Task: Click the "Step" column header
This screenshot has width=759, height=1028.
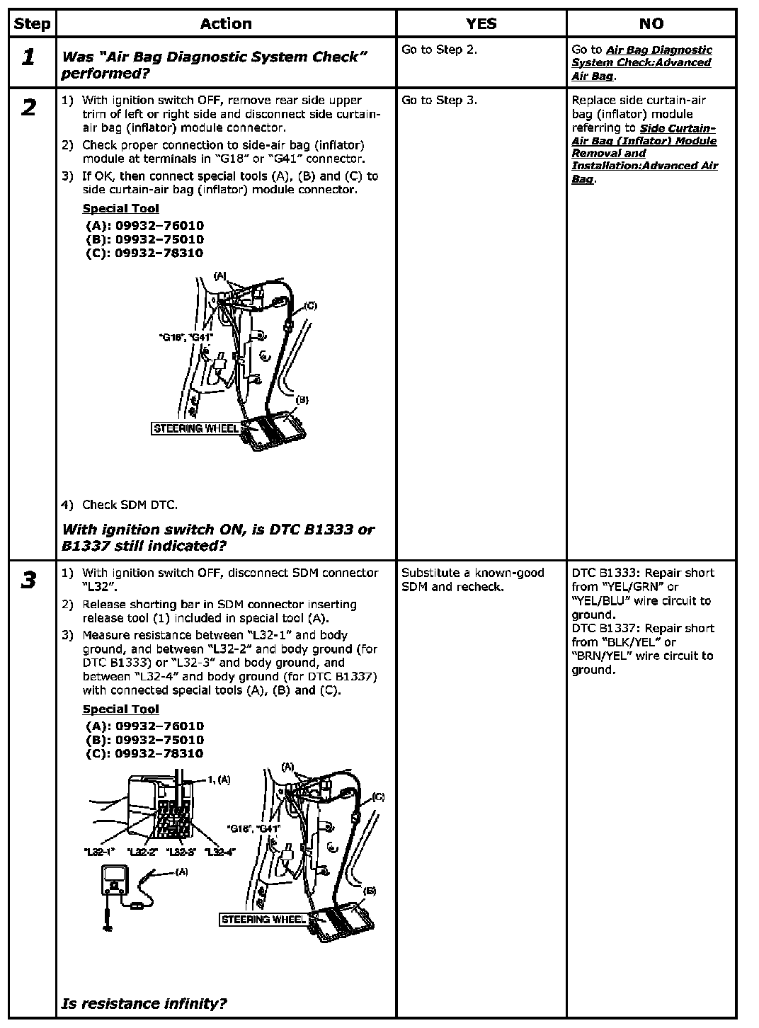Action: pyautogui.click(x=32, y=24)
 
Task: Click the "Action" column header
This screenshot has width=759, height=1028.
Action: pyautogui.click(x=226, y=24)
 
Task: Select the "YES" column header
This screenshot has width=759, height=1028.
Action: pyautogui.click(x=481, y=24)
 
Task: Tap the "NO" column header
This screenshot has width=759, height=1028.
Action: pyautogui.click(x=651, y=24)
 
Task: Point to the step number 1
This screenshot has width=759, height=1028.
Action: pyautogui.click(x=28, y=57)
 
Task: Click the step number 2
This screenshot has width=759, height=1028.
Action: pyautogui.click(x=28, y=108)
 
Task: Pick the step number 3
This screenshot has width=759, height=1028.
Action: pyautogui.click(x=28, y=581)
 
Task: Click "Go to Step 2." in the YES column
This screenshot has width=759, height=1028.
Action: pyautogui.click(x=439, y=50)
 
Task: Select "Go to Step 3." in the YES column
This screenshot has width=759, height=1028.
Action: pyautogui.click(x=439, y=100)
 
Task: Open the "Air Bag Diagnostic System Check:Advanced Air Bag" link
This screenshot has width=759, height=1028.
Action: pyautogui.click(x=641, y=63)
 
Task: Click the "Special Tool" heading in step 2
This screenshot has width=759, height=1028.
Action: pyautogui.click(x=120, y=208)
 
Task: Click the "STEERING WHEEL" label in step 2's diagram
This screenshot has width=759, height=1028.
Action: pyautogui.click(x=196, y=428)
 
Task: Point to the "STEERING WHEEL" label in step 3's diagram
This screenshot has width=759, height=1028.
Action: pyautogui.click(x=263, y=920)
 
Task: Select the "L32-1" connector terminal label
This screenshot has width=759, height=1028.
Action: pyautogui.click(x=100, y=852)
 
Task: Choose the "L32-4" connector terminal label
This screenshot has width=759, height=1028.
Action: pyautogui.click(x=219, y=852)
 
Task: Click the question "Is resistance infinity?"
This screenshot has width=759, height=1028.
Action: pyautogui.click(x=144, y=1003)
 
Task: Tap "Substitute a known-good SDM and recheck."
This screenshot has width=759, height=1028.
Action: pyautogui.click(x=472, y=580)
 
